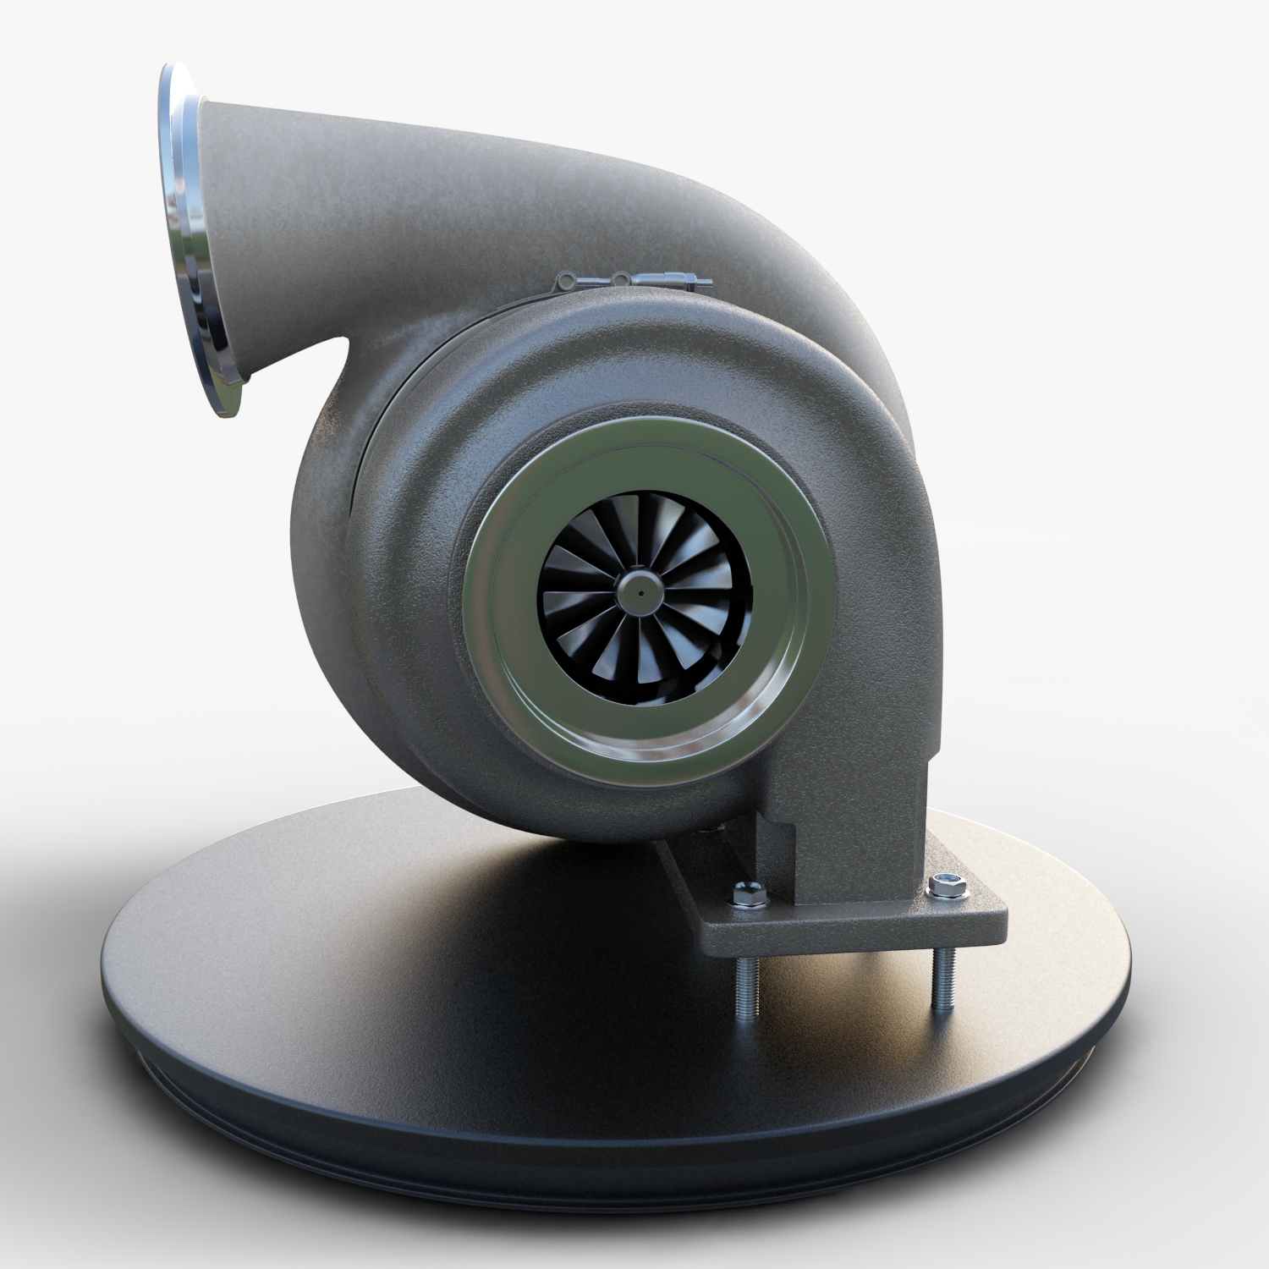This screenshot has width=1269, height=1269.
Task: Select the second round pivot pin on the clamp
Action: pos(620,277)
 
